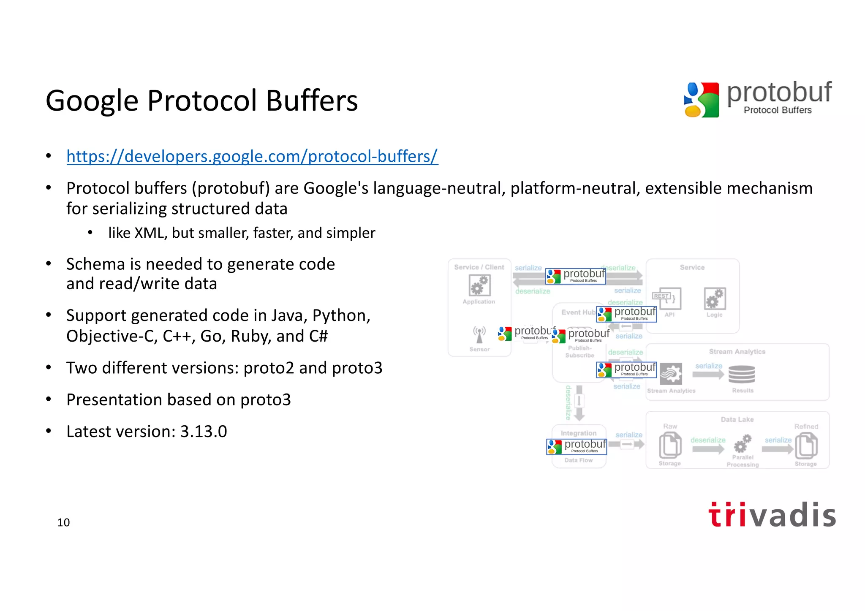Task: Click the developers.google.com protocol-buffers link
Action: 252,156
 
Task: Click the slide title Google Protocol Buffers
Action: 201,101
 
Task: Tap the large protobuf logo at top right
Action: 758,99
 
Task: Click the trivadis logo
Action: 772,515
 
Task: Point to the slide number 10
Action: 63,523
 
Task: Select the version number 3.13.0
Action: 204,432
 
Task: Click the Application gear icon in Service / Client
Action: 479,285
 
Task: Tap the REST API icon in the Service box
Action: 667,299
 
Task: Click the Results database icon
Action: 742,374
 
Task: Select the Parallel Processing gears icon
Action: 742,443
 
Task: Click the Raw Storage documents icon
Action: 670,445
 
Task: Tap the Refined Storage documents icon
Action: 806,445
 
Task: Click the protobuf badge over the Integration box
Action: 577,446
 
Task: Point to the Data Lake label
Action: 737,419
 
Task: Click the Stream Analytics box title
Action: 737,351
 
